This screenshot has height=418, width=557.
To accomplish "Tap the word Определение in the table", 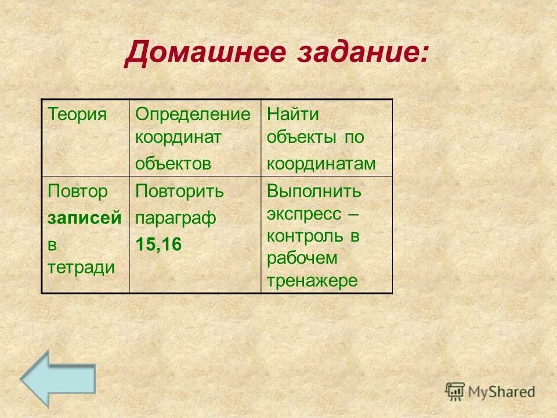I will pyautogui.click(x=193, y=114).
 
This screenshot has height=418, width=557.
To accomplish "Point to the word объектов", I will pyautogui.click(x=173, y=164).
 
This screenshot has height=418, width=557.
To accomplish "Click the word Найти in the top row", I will pyautogui.click(x=293, y=114).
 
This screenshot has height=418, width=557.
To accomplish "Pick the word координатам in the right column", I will pyautogui.click(x=321, y=164).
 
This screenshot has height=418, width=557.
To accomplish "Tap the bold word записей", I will pyautogui.click(x=85, y=218).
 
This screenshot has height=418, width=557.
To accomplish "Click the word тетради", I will pyautogui.click(x=81, y=268).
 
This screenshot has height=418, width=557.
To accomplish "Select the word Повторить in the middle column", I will pyautogui.click(x=180, y=192).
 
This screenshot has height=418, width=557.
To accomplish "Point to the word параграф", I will pyautogui.click(x=176, y=218).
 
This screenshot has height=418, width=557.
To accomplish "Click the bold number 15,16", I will pyautogui.click(x=158, y=244).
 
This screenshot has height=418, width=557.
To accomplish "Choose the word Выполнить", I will pyautogui.click(x=314, y=191).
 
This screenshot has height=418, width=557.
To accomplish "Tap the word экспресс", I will pyautogui.click(x=304, y=214).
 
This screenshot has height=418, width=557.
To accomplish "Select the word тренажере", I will pyautogui.click(x=313, y=281).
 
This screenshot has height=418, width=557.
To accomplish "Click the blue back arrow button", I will pyautogui.click(x=57, y=377).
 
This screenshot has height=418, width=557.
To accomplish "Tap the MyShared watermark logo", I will pyautogui.click(x=490, y=391).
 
